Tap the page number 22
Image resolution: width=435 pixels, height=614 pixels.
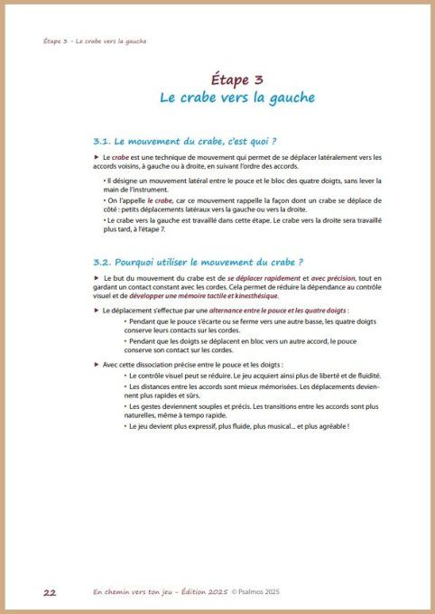tap(51, 592)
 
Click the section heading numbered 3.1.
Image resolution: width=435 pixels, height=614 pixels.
tap(184, 141)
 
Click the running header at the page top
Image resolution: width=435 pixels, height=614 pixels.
tap(95, 41)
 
